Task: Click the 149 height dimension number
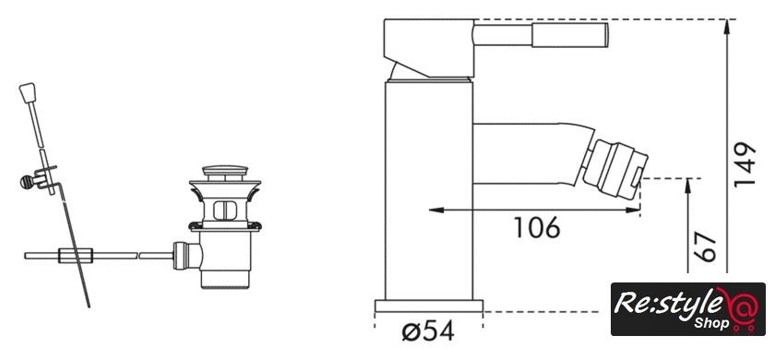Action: [x=745, y=165]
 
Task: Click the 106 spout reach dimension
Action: [x=537, y=228]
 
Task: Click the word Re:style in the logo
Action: [x=665, y=303]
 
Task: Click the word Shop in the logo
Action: [x=711, y=323]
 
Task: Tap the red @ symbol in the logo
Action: [x=738, y=308]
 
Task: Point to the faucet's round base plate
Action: [x=428, y=306]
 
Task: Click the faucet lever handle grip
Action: [x=569, y=36]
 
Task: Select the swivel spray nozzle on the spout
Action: [x=614, y=169]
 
